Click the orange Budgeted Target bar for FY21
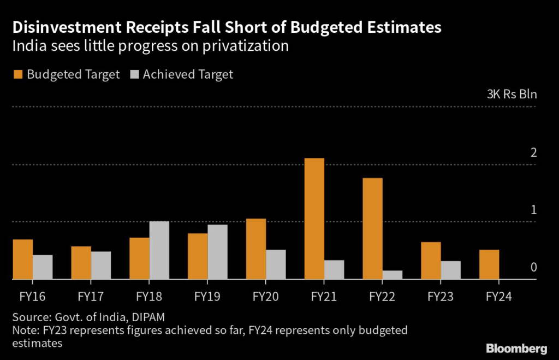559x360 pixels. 314,219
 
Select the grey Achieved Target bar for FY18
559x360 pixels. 159,250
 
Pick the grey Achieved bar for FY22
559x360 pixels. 392,274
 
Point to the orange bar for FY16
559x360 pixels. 22,259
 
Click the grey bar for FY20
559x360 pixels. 276,264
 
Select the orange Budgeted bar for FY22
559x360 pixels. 372,228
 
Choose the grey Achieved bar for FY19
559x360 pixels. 217,252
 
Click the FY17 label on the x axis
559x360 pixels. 91,297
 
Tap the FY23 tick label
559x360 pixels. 440,297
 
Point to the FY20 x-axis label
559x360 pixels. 265,297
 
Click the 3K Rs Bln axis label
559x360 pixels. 512,94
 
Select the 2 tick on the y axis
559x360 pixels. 534,152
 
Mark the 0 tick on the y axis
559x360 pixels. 534,267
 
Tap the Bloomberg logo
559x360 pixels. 516,348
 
